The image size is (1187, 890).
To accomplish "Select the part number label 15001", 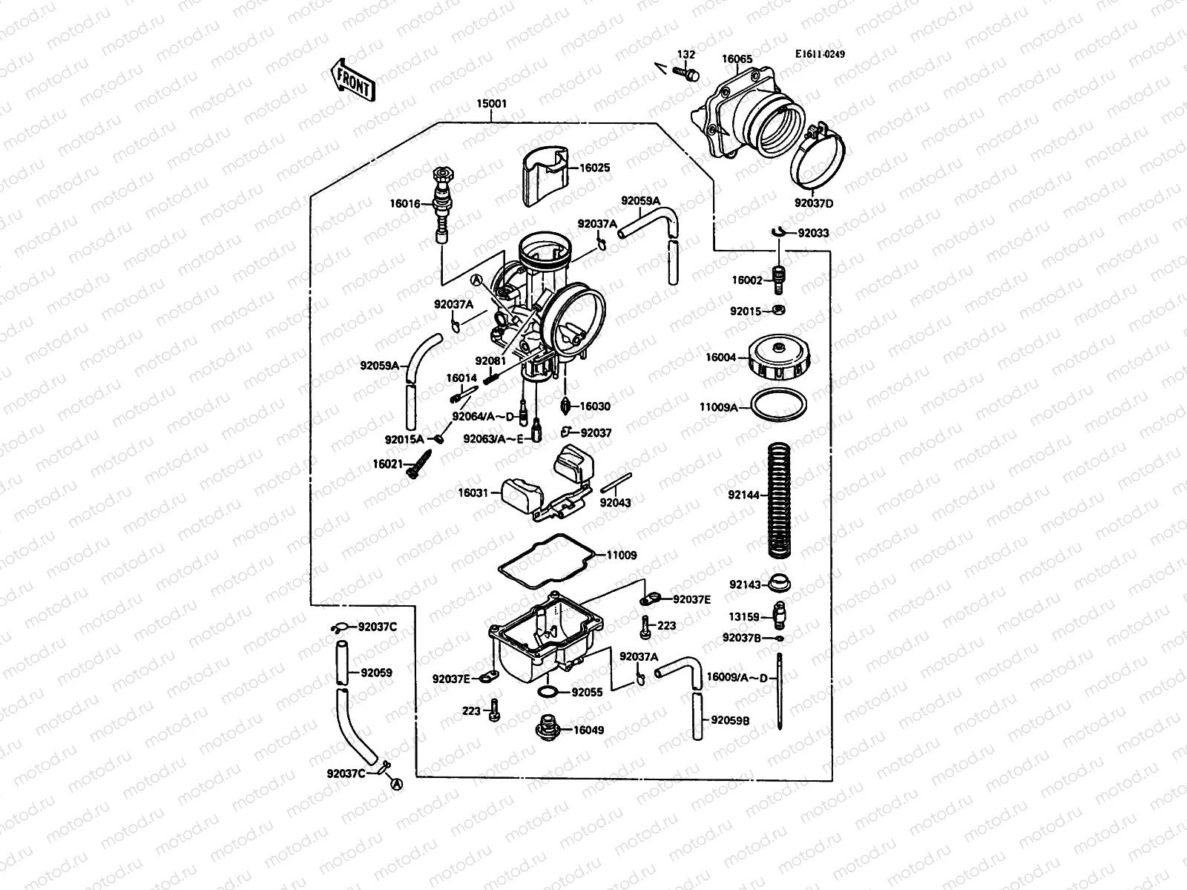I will (492, 105).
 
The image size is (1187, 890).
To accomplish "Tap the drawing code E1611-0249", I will (820, 54).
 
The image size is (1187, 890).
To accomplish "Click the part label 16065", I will (737, 59).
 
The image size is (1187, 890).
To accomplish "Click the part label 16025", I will (594, 168).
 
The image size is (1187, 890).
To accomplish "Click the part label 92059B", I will (730, 719).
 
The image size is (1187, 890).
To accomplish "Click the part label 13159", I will (743, 616).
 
